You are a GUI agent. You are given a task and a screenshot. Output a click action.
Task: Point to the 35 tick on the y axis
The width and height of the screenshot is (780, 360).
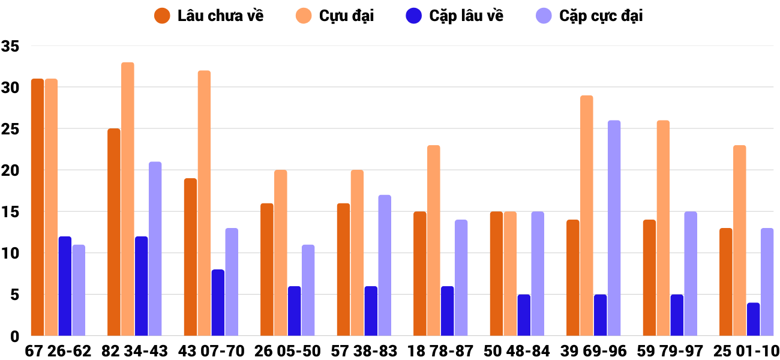11,46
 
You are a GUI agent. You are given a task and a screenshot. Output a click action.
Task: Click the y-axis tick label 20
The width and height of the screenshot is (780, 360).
11,170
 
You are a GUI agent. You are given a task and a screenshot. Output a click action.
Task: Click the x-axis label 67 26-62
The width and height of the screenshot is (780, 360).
58,350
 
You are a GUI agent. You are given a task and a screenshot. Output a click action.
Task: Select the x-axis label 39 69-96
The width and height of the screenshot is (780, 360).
593,350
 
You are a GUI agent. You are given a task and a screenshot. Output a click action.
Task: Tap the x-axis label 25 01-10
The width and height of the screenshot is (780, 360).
746,350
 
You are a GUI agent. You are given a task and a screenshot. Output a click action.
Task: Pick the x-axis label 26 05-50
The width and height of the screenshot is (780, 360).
287,350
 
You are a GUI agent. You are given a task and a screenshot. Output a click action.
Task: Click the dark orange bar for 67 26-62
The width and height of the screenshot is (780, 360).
37,207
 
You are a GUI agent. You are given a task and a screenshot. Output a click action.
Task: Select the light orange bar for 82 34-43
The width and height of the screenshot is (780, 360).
128,199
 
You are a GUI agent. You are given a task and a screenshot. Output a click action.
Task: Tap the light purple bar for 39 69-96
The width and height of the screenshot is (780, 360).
614,228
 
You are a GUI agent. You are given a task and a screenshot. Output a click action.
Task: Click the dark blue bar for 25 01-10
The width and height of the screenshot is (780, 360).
754,319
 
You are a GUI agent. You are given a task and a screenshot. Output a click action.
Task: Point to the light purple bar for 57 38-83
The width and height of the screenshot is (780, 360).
385,265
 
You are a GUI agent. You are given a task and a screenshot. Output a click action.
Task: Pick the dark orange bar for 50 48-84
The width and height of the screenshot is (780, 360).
496,274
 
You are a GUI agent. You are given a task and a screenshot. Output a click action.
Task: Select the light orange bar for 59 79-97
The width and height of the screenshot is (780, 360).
663,228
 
